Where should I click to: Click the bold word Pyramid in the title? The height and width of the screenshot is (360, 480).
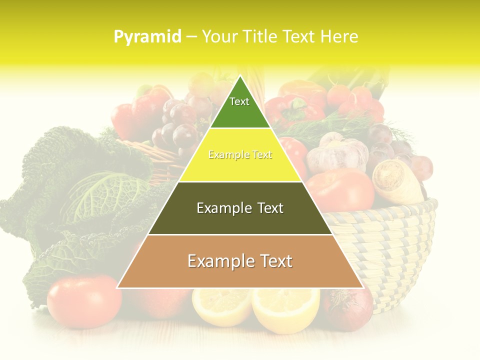pos(147,36)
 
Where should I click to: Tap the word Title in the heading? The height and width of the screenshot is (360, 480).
pos(262,36)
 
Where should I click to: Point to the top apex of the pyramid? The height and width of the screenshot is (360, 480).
pos(240,77)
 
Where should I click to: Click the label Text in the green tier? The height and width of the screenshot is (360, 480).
pos(239,101)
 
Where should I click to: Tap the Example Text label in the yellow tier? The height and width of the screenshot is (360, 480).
pos(240,155)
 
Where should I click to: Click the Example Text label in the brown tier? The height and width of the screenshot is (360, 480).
pos(240,261)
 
